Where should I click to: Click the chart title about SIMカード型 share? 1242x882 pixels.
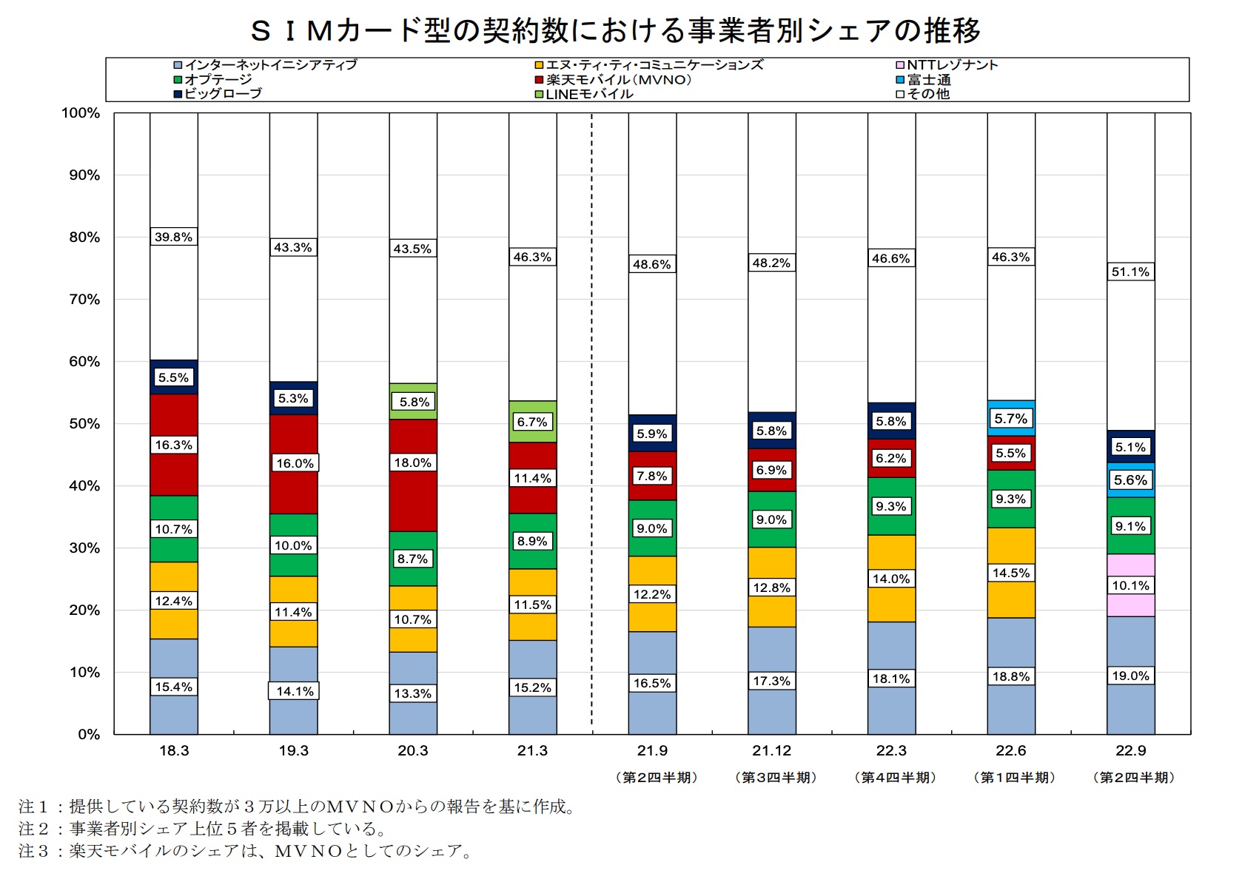[x=616, y=31]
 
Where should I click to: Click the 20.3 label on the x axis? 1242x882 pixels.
[x=413, y=750]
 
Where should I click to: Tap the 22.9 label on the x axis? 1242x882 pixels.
[x=1130, y=750]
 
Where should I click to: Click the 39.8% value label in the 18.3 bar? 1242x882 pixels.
[x=173, y=237]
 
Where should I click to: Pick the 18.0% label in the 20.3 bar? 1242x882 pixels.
[x=412, y=462]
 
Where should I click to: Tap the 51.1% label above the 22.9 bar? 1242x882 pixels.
[x=1130, y=272]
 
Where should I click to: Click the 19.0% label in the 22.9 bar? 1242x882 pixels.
[x=1130, y=676]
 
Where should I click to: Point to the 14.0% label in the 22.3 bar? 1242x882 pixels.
[x=891, y=579]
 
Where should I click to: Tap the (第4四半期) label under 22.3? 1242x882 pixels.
[x=895, y=777]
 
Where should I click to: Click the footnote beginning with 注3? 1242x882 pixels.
[x=244, y=851]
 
